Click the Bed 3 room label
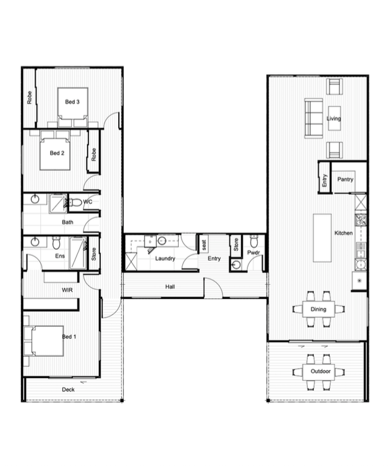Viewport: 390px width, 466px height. [72, 102]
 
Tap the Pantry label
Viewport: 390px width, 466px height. [345, 179]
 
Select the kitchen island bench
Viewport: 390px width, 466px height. [322, 238]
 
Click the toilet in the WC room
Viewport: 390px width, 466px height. [75, 203]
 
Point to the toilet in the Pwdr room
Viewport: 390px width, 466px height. [253, 241]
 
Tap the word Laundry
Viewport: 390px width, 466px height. [165, 258]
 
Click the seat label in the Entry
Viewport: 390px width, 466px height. [204, 245]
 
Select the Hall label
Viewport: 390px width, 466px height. [170, 287]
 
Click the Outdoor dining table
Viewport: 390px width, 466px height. [319, 372]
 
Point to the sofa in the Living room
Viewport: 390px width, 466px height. [313, 118]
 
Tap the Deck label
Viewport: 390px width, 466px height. [68, 389]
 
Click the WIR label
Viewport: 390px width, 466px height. [67, 290]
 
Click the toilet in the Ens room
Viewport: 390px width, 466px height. [56, 243]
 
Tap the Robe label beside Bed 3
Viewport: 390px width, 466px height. [29, 98]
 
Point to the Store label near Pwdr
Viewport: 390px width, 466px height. [236, 245]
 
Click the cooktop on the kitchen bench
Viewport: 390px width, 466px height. [360, 221]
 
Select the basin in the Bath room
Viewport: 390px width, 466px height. [35, 199]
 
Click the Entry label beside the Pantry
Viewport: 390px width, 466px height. [324, 180]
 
